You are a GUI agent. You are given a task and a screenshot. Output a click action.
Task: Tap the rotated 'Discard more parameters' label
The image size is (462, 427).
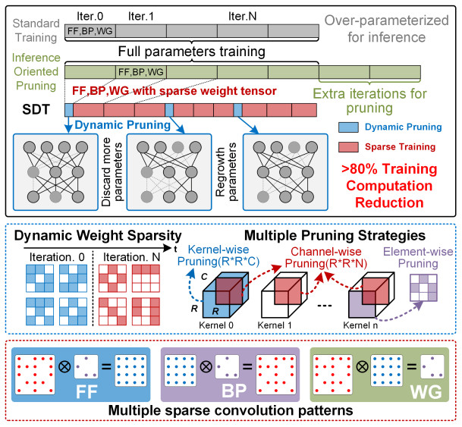[x=108, y=172]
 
